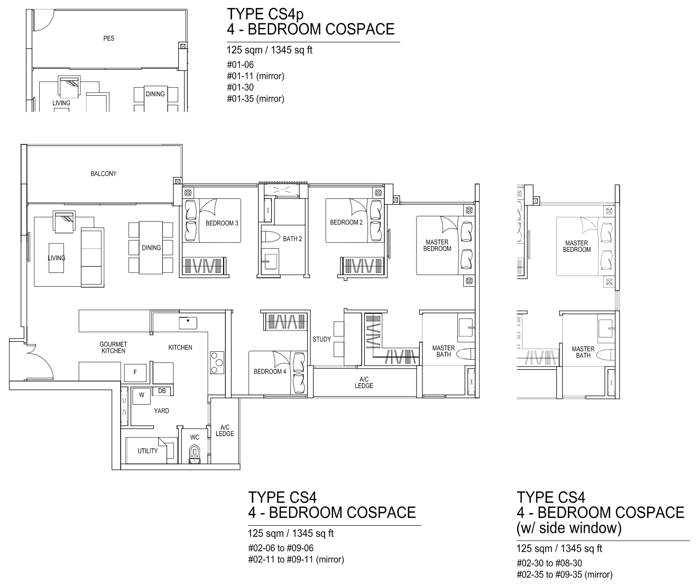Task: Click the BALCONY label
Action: click(104, 174)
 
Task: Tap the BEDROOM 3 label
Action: click(222, 223)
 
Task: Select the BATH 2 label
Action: click(292, 239)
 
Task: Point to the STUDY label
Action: click(321, 339)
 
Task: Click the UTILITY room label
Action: click(148, 451)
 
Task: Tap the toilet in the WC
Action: click(195, 454)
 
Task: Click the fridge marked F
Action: click(135, 372)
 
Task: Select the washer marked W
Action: click(141, 395)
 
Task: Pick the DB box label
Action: click(162, 391)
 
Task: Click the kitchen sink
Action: click(188, 323)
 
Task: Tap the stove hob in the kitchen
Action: click(217, 362)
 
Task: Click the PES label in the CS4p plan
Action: click(109, 39)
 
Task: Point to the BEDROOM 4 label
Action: click(270, 371)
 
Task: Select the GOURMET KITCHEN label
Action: click(114, 347)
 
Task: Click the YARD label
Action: click(161, 411)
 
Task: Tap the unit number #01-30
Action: click(241, 87)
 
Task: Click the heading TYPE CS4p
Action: click(265, 14)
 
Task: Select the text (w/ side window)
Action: click(569, 528)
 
